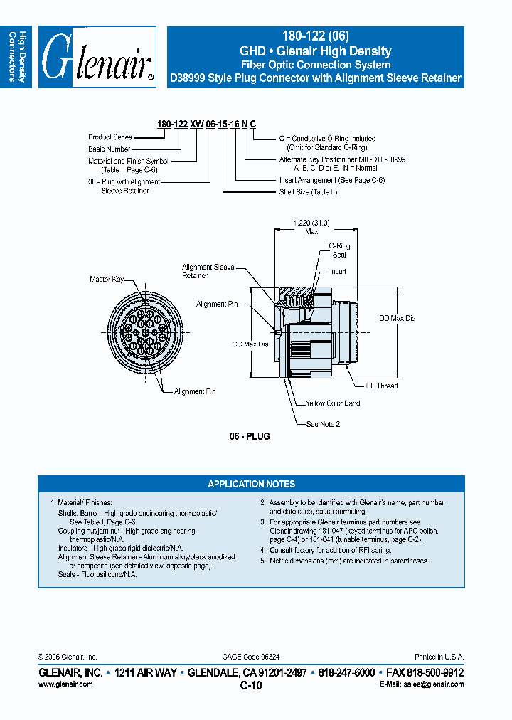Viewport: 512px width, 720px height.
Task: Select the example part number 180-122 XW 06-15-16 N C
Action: (206, 125)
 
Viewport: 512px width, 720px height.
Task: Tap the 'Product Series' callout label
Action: (110, 137)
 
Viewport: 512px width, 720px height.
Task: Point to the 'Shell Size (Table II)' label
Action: (308, 192)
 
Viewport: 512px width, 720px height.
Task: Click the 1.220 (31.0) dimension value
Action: (311, 223)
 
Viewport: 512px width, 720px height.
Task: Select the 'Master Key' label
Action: (107, 280)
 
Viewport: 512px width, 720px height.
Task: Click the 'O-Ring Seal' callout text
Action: (339, 250)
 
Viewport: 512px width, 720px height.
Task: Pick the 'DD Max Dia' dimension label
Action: (397, 318)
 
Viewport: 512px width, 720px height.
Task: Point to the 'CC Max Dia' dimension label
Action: (250, 344)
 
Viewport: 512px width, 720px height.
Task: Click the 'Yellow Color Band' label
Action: (333, 403)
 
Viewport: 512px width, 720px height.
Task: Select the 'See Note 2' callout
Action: (324, 423)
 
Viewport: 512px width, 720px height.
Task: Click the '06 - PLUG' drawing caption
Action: (250, 436)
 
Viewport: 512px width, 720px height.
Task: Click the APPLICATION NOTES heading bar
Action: (251, 484)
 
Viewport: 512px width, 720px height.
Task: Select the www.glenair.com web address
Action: (65, 684)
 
